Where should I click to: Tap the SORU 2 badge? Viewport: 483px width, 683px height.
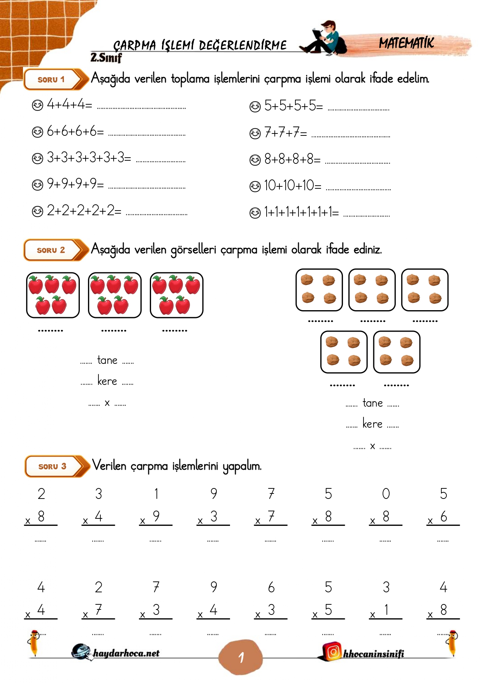51,250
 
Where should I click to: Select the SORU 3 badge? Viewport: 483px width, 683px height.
53,466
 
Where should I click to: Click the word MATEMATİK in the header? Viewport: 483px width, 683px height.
406,43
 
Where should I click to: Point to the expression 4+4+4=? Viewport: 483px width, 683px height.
69,104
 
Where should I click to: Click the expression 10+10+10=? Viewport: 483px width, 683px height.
293,186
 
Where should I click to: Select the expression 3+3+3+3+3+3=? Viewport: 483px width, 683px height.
89,158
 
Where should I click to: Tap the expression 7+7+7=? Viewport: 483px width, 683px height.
286,133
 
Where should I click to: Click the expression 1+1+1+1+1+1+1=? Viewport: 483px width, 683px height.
301,212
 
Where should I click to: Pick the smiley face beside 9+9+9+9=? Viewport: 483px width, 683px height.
37,184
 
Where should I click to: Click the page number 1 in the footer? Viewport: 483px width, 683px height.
241,658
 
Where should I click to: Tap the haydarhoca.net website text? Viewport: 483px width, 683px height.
126,653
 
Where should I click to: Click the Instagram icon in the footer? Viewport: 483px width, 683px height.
333,651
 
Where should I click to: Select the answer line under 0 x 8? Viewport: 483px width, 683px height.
385,541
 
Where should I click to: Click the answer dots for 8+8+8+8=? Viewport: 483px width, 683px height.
357,163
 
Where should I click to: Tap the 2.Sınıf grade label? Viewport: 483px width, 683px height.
106,58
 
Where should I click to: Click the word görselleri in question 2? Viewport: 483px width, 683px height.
193,249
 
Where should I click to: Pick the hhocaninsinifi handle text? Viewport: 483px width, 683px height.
373,654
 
